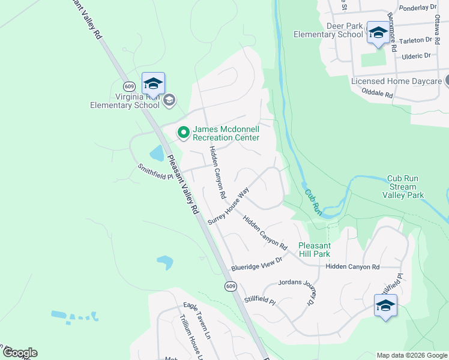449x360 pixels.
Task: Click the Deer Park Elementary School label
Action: [x=328, y=31]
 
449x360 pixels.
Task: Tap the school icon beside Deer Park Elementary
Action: [x=378, y=34]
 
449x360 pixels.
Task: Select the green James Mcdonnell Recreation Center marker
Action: [x=182, y=131]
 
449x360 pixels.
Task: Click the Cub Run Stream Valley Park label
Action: [x=406, y=187]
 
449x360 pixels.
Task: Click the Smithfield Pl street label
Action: [x=155, y=172]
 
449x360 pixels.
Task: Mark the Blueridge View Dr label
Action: [x=256, y=263]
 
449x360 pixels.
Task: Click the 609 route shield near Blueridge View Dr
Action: [x=231, y=286]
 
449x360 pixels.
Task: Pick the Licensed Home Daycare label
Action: [x=396, y=81]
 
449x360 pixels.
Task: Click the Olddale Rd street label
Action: [x=378, y=94]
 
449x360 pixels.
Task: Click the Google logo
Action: [x=20, y=353]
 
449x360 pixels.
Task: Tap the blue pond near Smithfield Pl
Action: [x=157, y=154]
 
